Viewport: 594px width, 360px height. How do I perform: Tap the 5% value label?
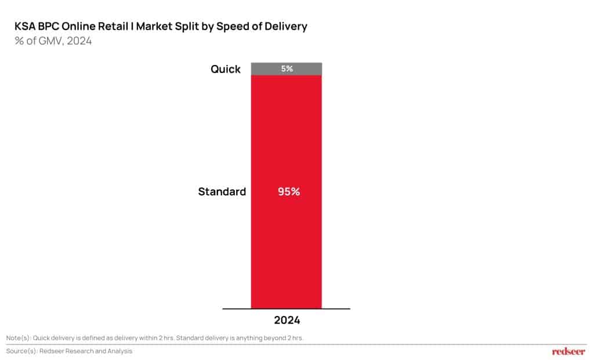point(287,68)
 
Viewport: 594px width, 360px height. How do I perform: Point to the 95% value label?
point(288,191)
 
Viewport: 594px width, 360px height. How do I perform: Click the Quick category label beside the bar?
point(225,69)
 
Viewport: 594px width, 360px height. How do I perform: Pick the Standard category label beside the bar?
point(222,191)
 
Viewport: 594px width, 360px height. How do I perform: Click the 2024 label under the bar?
point(287,319)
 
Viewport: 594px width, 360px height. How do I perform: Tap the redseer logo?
point(569,351)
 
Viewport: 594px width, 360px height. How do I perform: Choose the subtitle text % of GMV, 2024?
point(53,41)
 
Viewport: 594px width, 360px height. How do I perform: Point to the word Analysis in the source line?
point(118,351)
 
